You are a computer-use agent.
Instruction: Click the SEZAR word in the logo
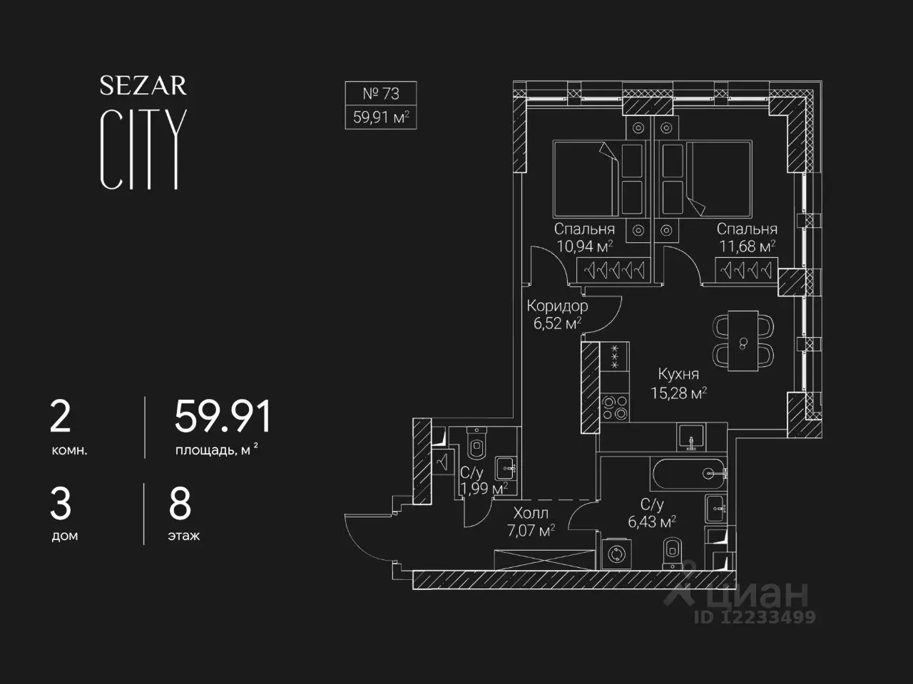coord(143,85)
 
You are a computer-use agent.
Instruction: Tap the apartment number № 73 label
coord(381,94)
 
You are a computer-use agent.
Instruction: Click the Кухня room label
coord(678,374)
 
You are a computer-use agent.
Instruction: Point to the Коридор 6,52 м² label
coord(557,314)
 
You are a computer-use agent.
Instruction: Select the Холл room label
coord(531,513)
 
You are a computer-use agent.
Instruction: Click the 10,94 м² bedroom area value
coord(584,247)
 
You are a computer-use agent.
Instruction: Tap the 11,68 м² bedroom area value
coord(747,247)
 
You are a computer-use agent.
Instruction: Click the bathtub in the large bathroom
coord(689,474)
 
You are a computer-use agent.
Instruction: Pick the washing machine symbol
coord(616,554)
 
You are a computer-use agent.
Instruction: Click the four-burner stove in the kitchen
coord(615,408)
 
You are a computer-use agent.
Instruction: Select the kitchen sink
coord(691,437)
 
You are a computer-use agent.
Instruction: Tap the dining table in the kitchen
coord(743,341)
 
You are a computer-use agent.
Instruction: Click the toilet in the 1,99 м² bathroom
coord(476,444)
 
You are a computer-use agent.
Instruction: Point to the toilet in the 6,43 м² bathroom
coord(672,553)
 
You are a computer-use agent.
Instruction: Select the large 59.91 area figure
coord(223,416)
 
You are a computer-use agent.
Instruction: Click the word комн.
coord(69,450)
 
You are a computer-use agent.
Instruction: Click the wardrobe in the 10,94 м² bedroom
coord(613,270)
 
